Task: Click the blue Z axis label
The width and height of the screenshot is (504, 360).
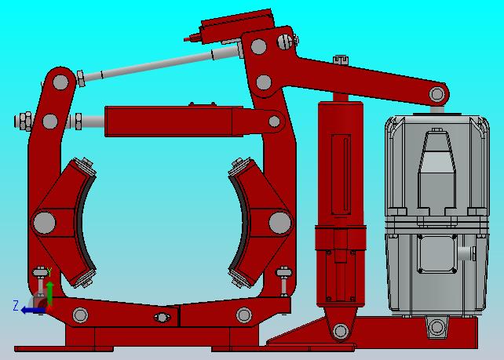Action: point(15,305)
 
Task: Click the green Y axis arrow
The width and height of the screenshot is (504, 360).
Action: point(49,293)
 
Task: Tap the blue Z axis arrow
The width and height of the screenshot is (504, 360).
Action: point(33,311)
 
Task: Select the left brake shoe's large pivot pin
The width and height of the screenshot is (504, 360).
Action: point(45,222)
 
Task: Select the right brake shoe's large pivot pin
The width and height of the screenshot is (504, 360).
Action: point(280,223)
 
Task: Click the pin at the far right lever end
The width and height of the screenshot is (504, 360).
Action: point(436,94)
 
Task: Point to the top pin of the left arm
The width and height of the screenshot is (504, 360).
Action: point(60,82)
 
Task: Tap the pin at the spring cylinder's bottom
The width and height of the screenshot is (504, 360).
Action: point(341,331)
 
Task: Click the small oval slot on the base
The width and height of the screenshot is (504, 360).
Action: point(162,318)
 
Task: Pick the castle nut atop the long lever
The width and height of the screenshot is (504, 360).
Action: point(341,60)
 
